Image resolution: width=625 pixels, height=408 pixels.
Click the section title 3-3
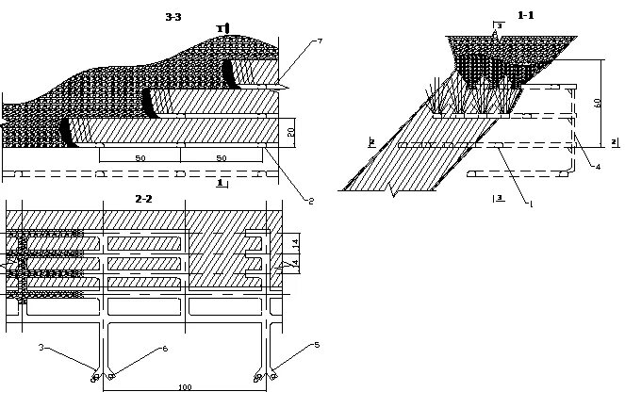tap(173, 15)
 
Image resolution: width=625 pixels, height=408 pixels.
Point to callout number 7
tap(321, 41)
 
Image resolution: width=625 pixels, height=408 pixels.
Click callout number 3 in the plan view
tap(41, 348)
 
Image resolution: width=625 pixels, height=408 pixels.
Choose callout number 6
tap(165, 349)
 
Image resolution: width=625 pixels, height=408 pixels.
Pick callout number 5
tap(317, 345)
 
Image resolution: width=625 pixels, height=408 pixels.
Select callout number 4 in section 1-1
tap(598, 166)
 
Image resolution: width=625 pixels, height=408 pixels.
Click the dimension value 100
tap(184, 388)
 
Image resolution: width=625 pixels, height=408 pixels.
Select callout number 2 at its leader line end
tap(308, 199)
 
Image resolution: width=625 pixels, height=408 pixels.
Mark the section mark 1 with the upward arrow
tap(221, 29)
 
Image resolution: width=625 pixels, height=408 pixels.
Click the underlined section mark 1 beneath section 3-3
tap(221, 183)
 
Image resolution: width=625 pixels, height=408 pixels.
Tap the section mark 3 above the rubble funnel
tap(497, 24)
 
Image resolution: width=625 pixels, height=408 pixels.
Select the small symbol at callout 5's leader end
tap(273, 376)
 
